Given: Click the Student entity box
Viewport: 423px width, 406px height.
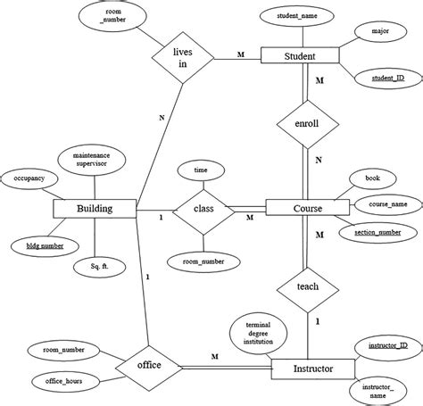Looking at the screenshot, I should [x=301, y=56].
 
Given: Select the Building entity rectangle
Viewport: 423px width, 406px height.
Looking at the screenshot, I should [x=95, y=209].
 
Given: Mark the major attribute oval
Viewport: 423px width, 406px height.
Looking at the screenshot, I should [x=370, y=31].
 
